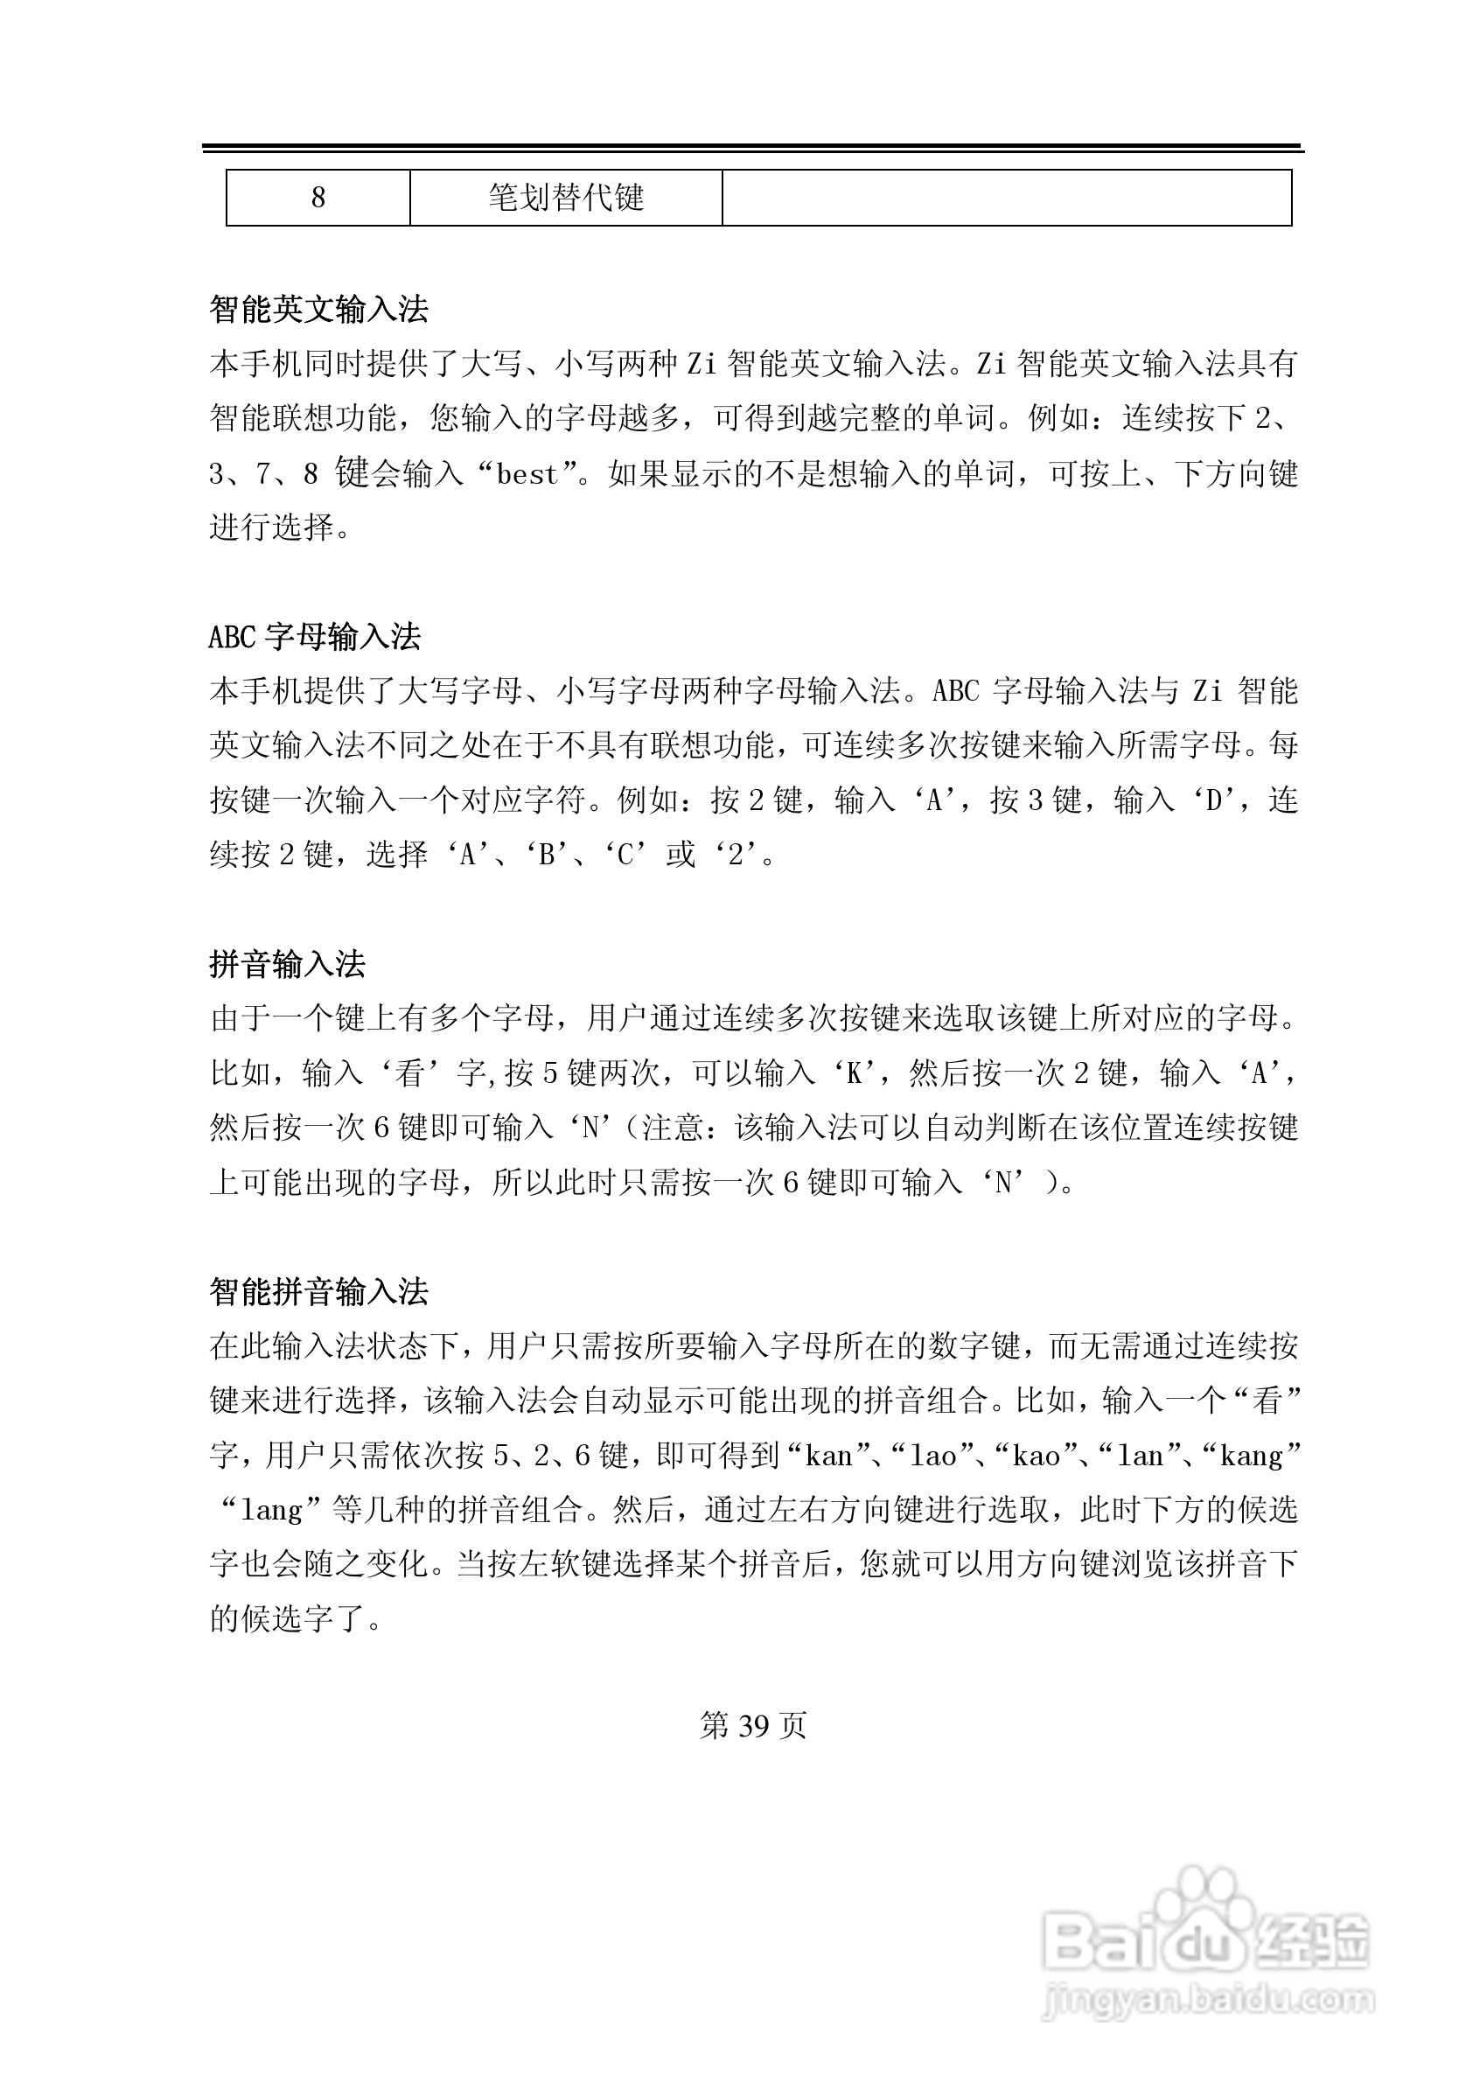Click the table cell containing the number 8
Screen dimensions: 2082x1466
(x=318, y=198)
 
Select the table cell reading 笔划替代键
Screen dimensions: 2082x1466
(x=566, y=198)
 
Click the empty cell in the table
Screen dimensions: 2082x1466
(x=1007, y=198)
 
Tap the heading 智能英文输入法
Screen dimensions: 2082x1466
(x=318, y=311)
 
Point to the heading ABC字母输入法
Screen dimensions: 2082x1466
(x=315, y=638)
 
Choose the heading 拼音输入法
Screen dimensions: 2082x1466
(x=287, y=965)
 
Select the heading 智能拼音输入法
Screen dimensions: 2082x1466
(x=318, y=1292)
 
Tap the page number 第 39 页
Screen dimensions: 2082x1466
(x=752, y=1727)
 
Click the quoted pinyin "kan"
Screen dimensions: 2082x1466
(x=828, y=1457)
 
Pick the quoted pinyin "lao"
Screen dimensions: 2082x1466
(x=933, y=1457)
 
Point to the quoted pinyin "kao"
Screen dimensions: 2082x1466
(x=1037, y=1457)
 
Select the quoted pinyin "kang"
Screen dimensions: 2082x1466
(x=1251, y=1457)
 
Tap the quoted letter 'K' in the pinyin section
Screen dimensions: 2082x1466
(x=853, y=1074)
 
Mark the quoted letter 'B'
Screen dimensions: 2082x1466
(x=547, y=856)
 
